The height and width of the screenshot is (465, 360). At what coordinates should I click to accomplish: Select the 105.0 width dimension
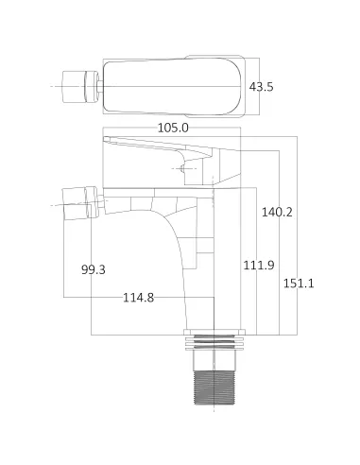(x=172, y=128)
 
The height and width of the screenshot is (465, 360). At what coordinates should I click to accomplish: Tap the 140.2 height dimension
(x=277, y=212)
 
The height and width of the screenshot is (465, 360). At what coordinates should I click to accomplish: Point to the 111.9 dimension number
(x=258, y=265)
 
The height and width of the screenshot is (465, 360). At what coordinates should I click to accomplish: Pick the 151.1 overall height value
(x=300, y=284)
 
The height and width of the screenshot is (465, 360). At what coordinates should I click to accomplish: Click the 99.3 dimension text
(x=94, y=270)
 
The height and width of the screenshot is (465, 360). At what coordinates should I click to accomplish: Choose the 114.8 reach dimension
(x=138, y=299)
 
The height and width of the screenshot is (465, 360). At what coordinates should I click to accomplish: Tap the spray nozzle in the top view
(x=78, y=84)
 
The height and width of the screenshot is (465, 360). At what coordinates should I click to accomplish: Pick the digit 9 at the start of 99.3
(x=85, y=270)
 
